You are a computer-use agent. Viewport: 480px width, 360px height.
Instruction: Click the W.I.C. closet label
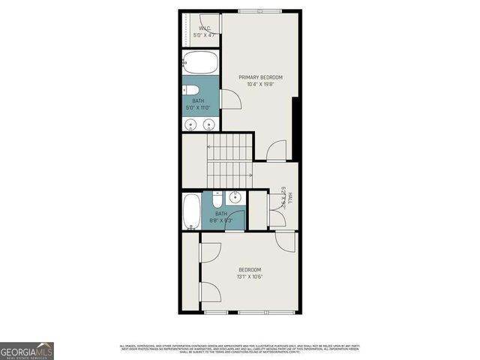tap(204, 32)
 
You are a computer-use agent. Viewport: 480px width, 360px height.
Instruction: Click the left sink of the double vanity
tap(190, 124)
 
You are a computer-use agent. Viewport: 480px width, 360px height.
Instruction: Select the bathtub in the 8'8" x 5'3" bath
tap(191, 211)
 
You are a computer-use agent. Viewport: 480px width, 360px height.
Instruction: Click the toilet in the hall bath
tap(217, 199)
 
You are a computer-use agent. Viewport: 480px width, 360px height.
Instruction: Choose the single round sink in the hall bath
tap(235, 198)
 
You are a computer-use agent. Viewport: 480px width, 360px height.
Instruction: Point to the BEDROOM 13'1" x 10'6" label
tap(250, 273)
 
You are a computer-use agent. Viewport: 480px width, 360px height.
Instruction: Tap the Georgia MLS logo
tap(27, 350)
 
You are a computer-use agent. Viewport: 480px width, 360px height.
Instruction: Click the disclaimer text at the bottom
tap(239, 349)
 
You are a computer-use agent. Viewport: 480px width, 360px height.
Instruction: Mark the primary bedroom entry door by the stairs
tap(276, 150)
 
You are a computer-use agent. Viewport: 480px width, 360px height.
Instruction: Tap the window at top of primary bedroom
tap(260, 10)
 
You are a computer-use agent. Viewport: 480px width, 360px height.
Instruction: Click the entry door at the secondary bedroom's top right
tap(285, 241)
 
